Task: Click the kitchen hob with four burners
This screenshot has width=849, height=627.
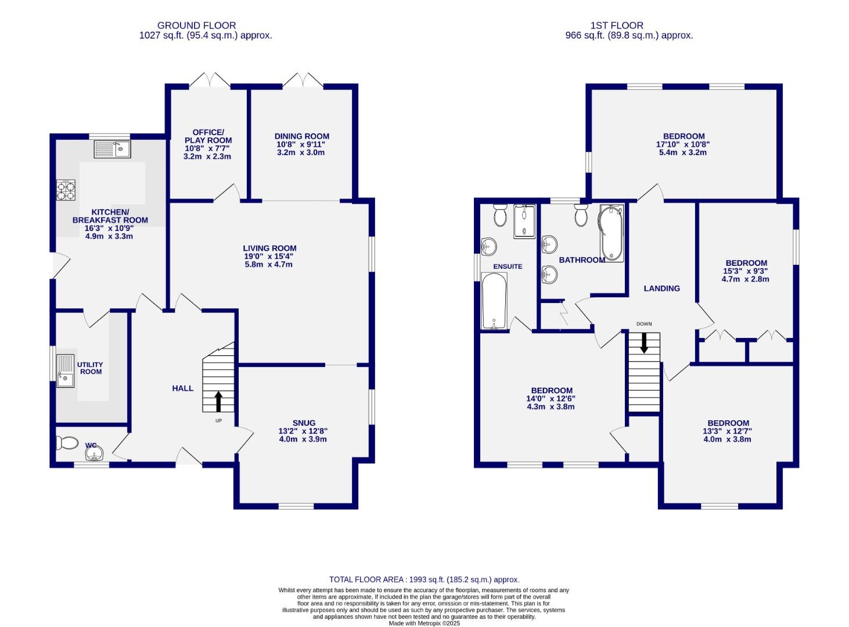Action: (x=66, y=190)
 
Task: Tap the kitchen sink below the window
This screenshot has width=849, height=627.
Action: (x=112, y=150)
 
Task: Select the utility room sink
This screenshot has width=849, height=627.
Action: (x=66, y=370)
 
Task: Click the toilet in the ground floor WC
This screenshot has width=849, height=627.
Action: (x=67, y=444)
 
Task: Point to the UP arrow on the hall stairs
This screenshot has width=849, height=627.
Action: (x=218, y=401)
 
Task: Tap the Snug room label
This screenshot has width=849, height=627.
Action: (x=304, y=423)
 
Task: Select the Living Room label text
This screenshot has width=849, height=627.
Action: (x=269, y=248)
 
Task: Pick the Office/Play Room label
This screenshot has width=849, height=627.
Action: (x=208, y=136)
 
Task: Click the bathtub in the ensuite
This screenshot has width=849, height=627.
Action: (x=494, y=301)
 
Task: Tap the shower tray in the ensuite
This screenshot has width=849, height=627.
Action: (x=525, y=221)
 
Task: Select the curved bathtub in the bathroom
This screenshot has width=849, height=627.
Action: (x=611, y=232)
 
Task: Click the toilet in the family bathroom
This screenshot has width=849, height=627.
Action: (x=581, y=215)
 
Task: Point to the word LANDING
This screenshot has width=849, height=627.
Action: (x=661, y=289)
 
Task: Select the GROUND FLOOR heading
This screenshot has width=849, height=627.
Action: (x=196, y=26)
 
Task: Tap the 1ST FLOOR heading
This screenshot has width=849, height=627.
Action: (x=617, y=26)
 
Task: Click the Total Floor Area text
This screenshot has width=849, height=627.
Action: (x=424, y=579)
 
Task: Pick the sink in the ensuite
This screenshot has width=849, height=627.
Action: (x=490, y=246)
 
